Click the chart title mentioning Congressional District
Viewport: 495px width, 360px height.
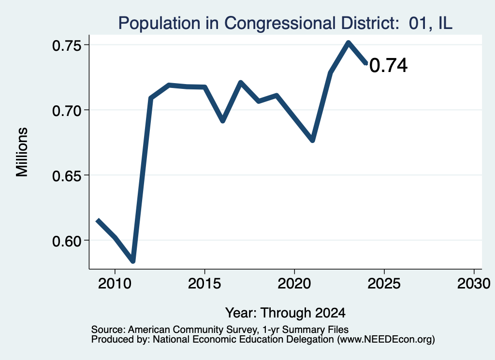pos(285,23)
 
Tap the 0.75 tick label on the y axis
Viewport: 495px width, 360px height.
pos(66,46)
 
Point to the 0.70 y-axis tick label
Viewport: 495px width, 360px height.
pos(66,111)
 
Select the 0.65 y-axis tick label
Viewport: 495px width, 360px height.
pos(66,176)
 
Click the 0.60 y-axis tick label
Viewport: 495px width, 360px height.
pos(66,241)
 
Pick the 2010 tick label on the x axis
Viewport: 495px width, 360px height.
pos(115,284)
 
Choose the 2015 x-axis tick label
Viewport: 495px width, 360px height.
pos(204,284)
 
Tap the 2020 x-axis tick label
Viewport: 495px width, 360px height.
pos(294,284)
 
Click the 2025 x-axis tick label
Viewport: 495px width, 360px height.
pos(384,284)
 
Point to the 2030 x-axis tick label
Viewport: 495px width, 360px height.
pos(474,284)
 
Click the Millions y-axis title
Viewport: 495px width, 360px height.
pos(22,152)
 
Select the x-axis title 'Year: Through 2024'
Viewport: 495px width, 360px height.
pos(285,313)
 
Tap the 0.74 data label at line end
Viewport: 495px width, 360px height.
pos(388,66)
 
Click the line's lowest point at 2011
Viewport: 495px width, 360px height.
pos(133,261)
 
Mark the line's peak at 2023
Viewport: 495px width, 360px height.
pos(348,43)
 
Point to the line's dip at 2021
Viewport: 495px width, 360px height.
pos(313,140)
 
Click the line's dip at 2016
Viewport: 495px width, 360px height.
pos(222,120)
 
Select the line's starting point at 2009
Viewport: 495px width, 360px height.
pos(98,220)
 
